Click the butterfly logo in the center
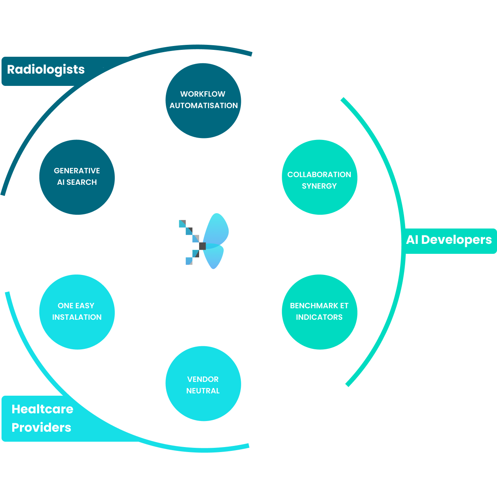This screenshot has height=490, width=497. (x=203, y=242)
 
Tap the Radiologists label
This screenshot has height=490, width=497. (x=46, y=70)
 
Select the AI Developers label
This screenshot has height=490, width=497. (x=449, y=240)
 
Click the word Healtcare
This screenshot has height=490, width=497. (x=43, y=409)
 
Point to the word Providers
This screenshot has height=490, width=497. (x=41, y=428)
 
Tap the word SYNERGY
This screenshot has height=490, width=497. (x=319, y=186)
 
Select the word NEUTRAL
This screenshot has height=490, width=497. (x=203, y=391)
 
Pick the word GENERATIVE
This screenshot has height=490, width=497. (x=77, y=171)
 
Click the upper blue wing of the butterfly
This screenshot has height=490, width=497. (x=216, y=230)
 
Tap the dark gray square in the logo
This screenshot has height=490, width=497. (x=202, y=246)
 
